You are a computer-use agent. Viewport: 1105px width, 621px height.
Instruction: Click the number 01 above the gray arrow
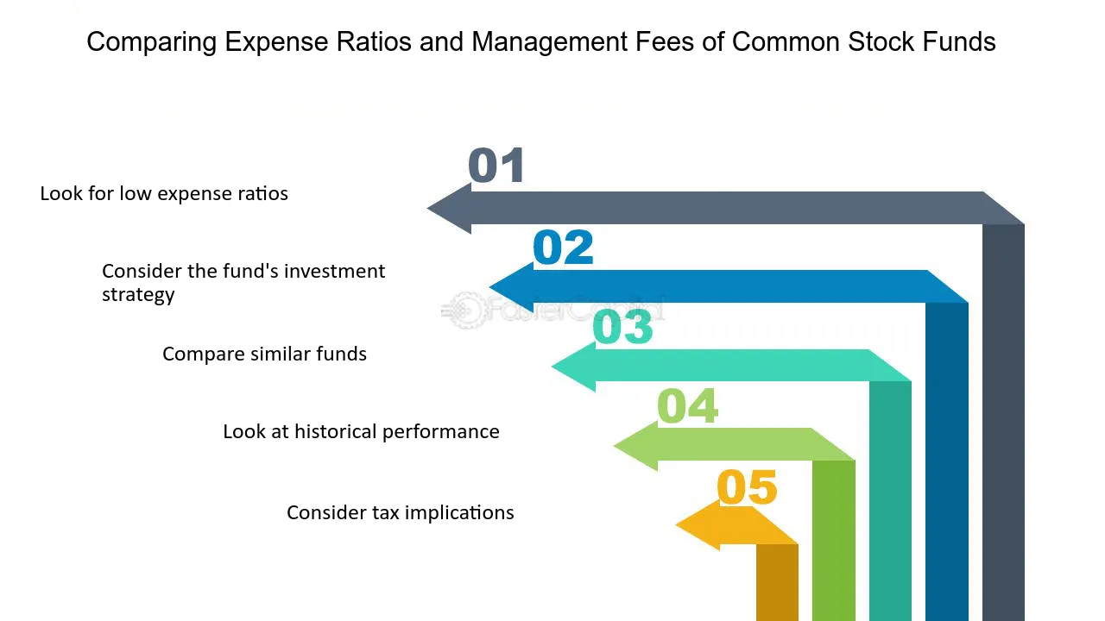[x=496, y=166]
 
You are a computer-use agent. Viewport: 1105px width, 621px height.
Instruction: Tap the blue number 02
[x=563, y=248]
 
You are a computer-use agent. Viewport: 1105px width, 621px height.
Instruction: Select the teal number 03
[x=622, y=328]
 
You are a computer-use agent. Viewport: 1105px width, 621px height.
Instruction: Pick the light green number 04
[x=687, y=406]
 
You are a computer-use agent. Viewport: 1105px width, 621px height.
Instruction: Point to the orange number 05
[x=747, y=487]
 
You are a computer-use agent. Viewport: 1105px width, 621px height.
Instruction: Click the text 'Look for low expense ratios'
[x=164, y=193]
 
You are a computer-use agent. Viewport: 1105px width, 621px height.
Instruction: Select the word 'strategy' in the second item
[x=138, y=294]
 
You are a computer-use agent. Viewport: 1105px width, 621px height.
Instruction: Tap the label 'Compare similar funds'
[x=264, y=354]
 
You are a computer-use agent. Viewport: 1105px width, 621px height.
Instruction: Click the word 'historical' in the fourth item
[x=336, y=431]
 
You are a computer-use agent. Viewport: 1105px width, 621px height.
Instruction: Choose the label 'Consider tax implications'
[x=400, y=512]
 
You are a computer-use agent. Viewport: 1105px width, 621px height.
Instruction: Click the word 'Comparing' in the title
[x=151, y=42]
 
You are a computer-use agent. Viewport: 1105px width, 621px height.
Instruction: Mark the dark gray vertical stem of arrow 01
[x=1003, y=423]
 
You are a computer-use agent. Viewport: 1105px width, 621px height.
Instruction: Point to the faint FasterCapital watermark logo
[x=467, y=310]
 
